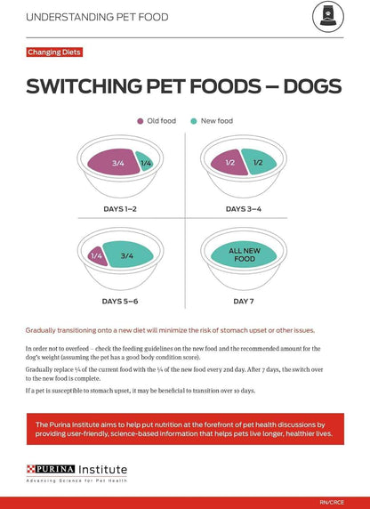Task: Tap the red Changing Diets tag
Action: pyautogui.click(x=56, y=53)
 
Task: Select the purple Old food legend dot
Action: pyautogui.click(x=140, y=120)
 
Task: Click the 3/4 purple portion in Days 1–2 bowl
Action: pyautogui.click(x=117, y=163)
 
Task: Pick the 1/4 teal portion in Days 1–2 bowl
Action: pyautogui.click(x=145, y=163)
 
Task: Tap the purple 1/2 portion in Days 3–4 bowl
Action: pyautogui.click(x=229, y=163)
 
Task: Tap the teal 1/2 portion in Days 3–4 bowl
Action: pyautogui.click(x=258, y=163)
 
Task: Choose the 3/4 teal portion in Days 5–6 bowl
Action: pyautogui.click(x=127, y=255)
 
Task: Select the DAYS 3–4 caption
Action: pyautogui.click(x=244, y=209)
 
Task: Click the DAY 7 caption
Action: pyautogui.click(x=244, y=302)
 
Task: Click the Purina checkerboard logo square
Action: pyautogui.click(x=36, y=468)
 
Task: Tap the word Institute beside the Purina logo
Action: pyautogui.click(x=101, y=469)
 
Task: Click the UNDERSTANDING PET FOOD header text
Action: pyautogui.click(x=96, y=17)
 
